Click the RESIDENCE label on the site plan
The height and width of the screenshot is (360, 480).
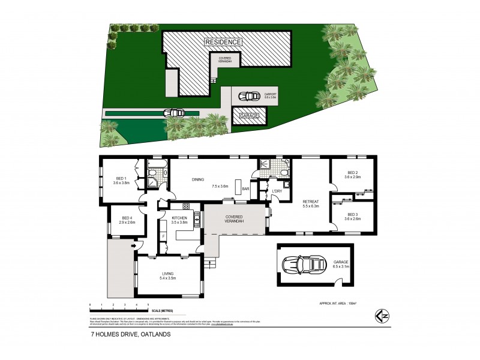point(223,42)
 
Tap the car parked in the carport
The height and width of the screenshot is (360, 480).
point(247,95)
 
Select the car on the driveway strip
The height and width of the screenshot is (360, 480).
point(173,112)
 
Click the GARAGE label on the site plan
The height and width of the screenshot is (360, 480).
point(249,115)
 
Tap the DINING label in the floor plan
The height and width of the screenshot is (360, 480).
point(199,179)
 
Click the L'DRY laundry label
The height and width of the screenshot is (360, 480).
point(277,191)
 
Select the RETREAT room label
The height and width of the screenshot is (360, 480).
point(310,202)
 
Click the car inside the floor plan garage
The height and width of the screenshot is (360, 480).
point(298,265)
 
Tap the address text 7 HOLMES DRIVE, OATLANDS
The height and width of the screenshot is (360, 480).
point(125,335)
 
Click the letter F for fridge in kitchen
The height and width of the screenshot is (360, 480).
point(163,236)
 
